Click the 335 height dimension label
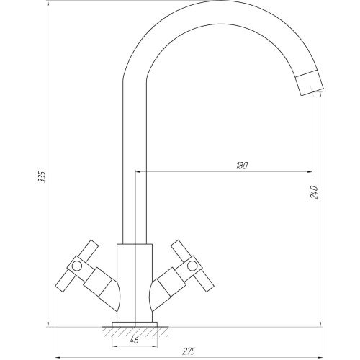[x=42, y=177]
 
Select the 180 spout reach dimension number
[x=242, y=166]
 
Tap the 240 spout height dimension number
[x=314, y=192]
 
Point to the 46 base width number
[x=134, y=340]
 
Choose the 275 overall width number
[x=189, y=351]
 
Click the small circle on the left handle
[x=77, y=266]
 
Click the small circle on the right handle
[x=192, y=266]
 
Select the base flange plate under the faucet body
[x=135, y=325]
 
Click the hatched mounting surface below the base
[x=135, y=332]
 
